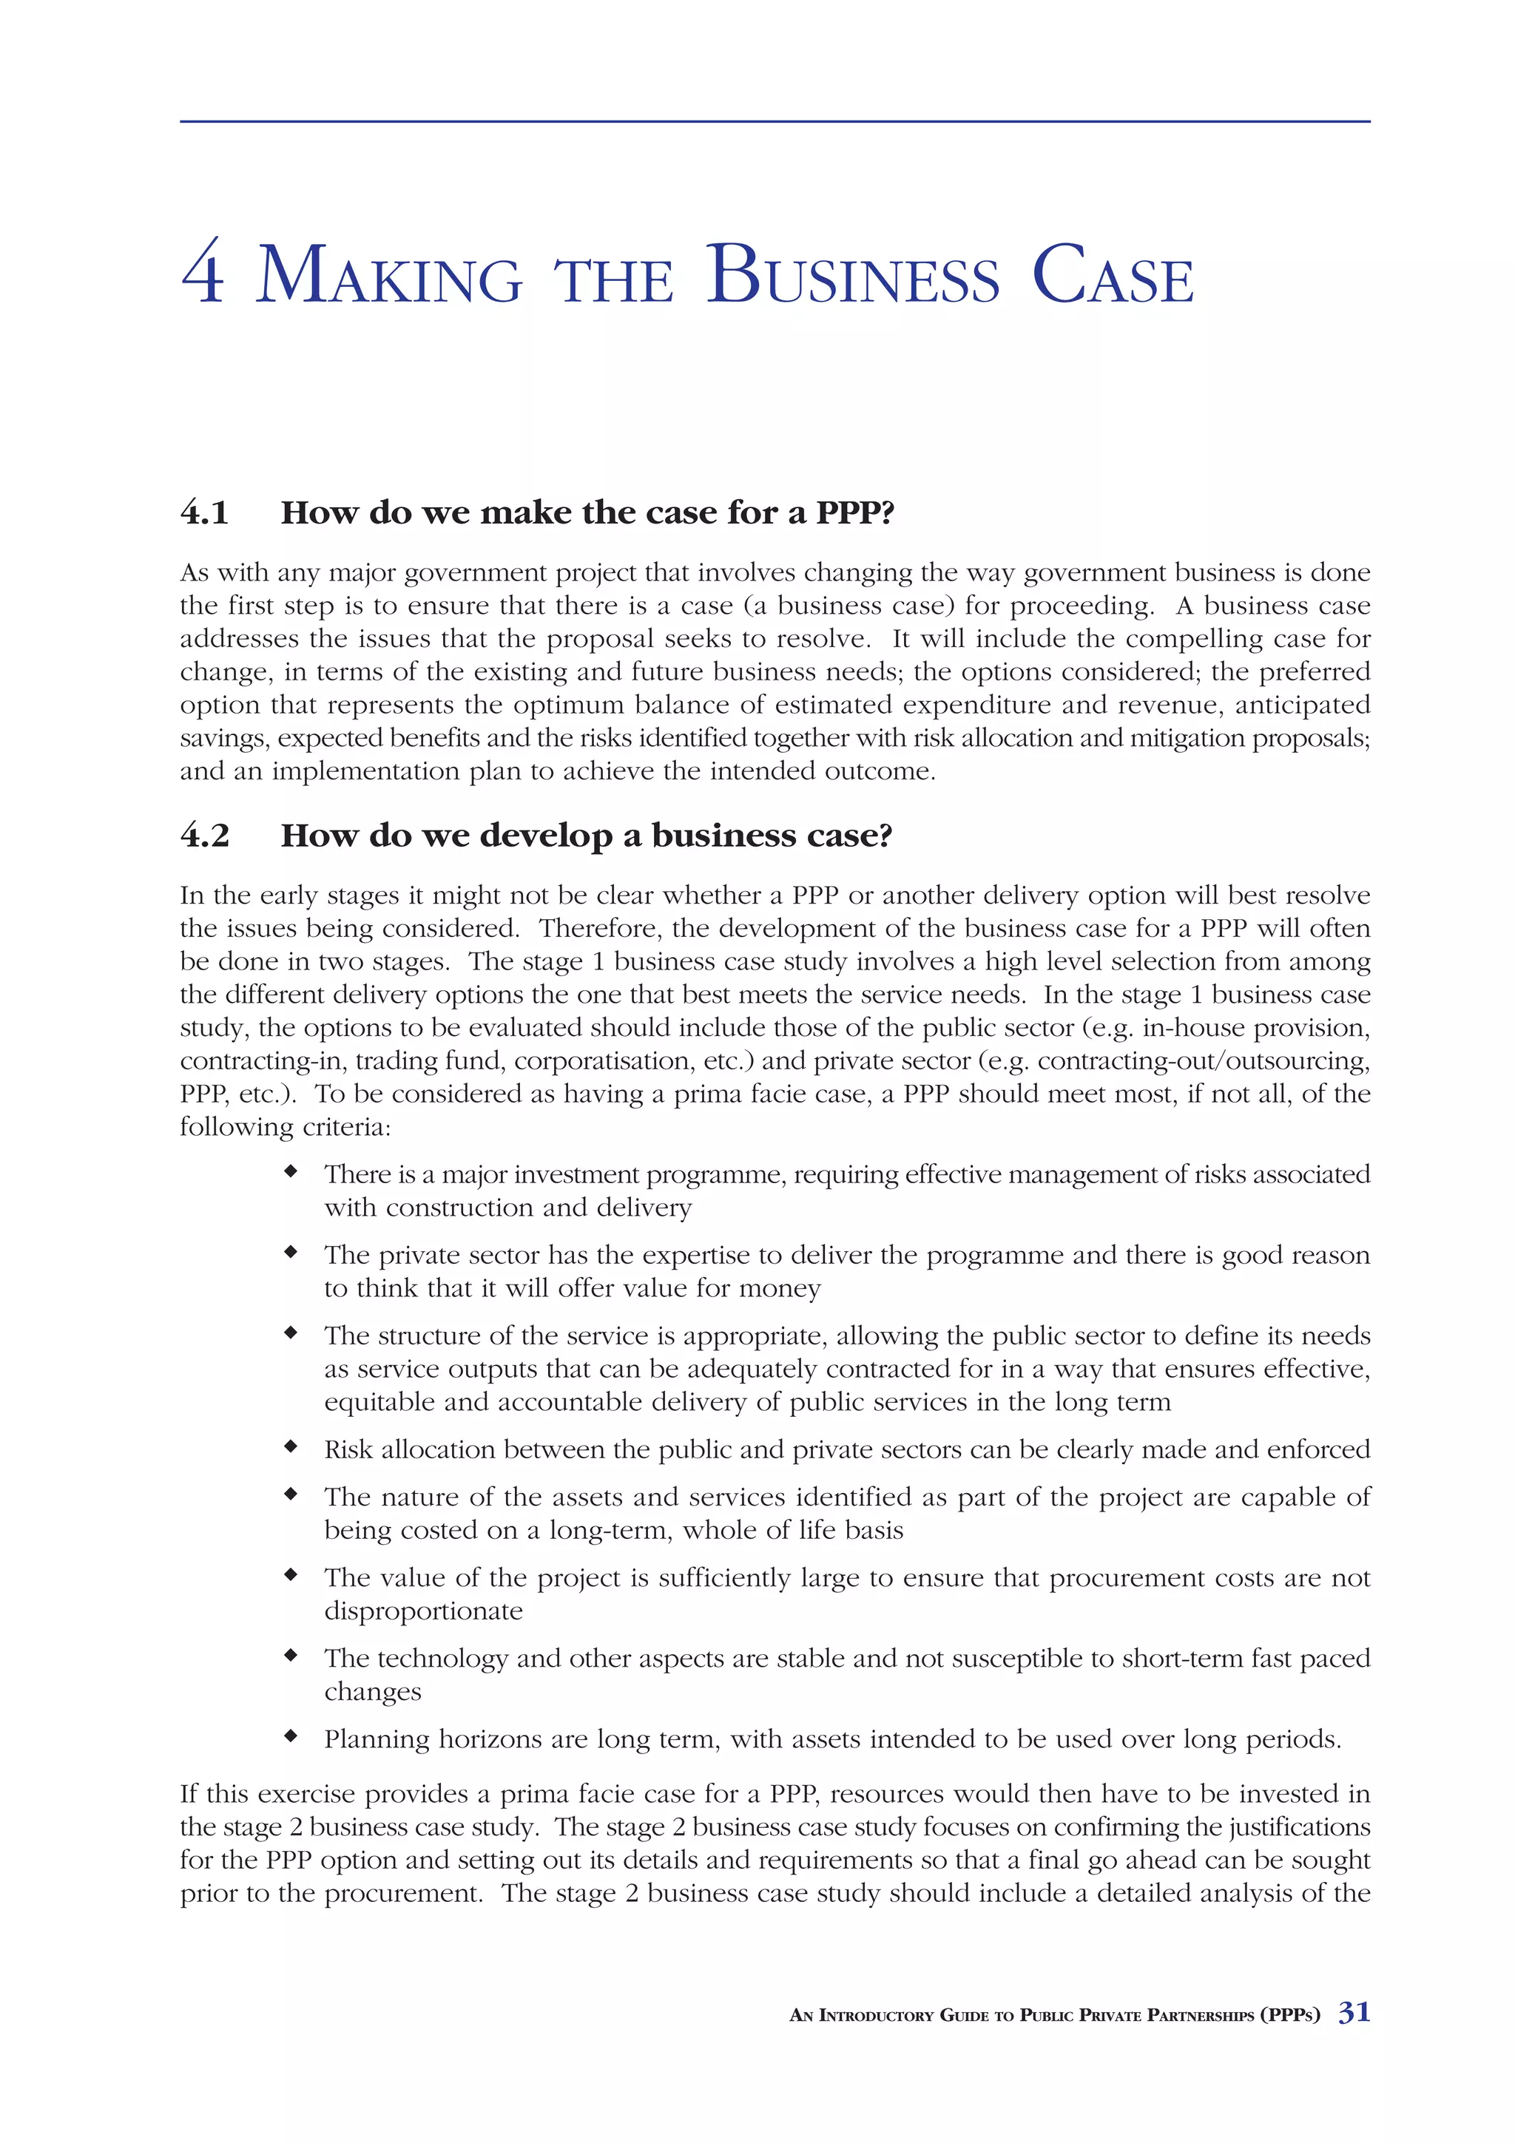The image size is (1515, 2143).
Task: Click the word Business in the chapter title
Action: click(852, 274)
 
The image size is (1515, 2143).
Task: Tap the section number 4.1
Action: click(204, 512)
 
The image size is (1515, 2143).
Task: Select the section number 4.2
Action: click(204, 836)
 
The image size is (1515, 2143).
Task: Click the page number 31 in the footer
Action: click(1354, 2011)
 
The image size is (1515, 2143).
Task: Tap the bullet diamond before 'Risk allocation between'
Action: click(291, 1446)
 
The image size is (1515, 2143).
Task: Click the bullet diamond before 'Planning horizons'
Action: click(291, 1736)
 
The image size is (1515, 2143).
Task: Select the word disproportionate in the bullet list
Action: click(423, 1611)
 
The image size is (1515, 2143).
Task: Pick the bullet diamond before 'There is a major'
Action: click(291, 1171)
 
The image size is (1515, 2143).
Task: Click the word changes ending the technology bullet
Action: click(372, 1692)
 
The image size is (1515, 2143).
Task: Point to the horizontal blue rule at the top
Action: click(775, 121)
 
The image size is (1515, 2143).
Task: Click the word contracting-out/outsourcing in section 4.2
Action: click(1204, 1061)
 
